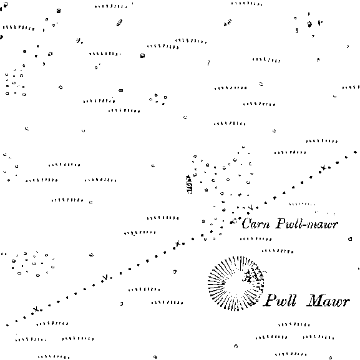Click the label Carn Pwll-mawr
289,223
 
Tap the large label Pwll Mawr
306,300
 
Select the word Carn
256,223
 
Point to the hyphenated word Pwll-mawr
307,223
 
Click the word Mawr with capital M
328,301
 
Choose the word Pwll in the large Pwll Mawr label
280,300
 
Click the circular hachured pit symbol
236,283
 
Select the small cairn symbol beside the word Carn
233,221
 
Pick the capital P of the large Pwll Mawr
270,300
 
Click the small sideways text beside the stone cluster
190,184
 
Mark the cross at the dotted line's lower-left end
36,309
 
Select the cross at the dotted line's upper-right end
324,168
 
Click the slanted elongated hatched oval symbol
119,22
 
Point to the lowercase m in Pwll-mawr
313,225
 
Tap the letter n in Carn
266,225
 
